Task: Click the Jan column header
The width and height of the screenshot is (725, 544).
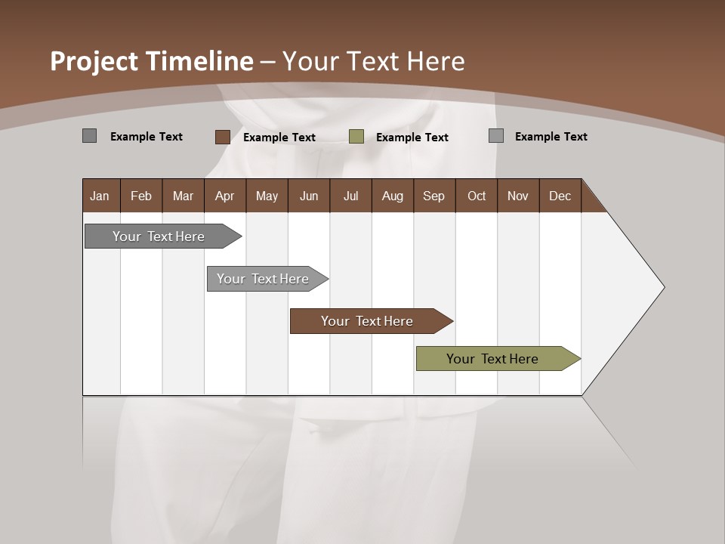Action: (x=100, y=196)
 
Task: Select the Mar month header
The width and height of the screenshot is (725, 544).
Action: (x=183, y=196)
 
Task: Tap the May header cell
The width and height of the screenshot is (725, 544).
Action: (x=267, y=196)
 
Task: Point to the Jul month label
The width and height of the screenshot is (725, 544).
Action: (x=350, y=196)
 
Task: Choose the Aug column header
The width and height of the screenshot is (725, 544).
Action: (x=392, y=196)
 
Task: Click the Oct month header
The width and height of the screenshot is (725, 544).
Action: (x=477, y=196)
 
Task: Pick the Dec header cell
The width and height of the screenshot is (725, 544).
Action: (x=560, y=196)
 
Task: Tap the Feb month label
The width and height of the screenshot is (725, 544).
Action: (x=141, y=196)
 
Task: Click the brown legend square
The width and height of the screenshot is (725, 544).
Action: (x=223, y=137)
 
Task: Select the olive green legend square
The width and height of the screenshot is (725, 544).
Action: (x=356, y=137)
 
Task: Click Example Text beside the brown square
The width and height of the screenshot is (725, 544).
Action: (x=279, y=138)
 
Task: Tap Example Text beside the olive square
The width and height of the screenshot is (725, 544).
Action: (x=412, y=138)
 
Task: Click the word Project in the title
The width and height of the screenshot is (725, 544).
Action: (x=94, y=61)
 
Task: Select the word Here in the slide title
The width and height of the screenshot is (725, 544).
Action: (x=437, y=61)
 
